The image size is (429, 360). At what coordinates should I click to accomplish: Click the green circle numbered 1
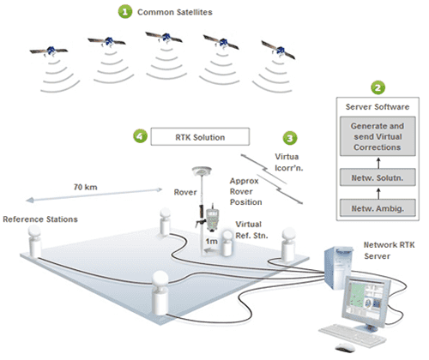pyautogui.click(x=125, y=12)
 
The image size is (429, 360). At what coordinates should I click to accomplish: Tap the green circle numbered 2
pyautogui.click(x=378, y=87)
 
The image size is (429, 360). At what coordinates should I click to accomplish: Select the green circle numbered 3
pyautogui.click(x=290, y=138)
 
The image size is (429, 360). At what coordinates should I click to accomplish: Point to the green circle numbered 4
pyautogui.click(x=140, y=136)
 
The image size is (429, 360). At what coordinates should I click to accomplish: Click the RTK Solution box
pyautogui.click(x=200, y=137)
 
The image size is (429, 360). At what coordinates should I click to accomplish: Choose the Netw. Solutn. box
pyautogui.click(x=378, y=177)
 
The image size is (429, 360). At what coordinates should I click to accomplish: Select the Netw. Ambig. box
pyautogui.click(x=378, y=208)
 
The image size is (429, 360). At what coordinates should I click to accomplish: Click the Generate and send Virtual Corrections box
pyautogui.click(x=378, y=136)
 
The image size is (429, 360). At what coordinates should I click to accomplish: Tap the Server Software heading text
pyautogui.click(x=378, y=107)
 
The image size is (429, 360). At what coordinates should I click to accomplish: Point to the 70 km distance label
pyautogui.click(x=86, y=187)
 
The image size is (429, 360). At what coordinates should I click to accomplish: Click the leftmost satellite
pyautogui.click(x=49, y=51)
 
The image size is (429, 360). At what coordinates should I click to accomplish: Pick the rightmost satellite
pyautogui.click(x=278, y=50)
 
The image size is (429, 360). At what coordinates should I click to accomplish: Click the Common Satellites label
pyautogui.click(x=175, y=12)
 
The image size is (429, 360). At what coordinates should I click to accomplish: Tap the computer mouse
pyautogui.click(x=345, y=348)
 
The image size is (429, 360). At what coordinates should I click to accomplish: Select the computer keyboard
pyautogui.click(x=353, y=334)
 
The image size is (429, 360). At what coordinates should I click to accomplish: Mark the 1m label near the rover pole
pyautogui.click(x=211, y=242)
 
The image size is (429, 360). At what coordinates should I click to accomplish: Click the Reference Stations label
pyautogui.click(x=40, y=219)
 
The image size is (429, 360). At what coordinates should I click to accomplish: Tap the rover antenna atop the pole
pyautogui.click(x=202, y=171)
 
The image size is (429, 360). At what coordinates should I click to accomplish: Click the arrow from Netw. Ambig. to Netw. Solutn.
pyautogui.click(x=378, y=193)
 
